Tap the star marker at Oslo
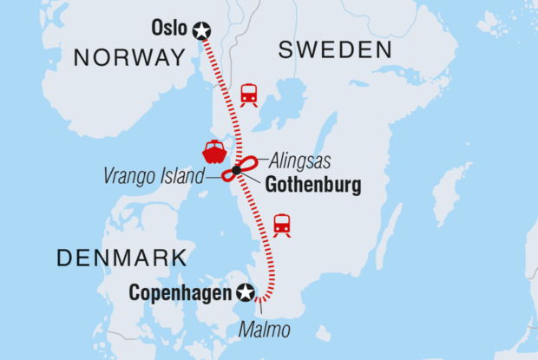[202, 30]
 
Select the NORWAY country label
[130, 58]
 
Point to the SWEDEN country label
[335, 51]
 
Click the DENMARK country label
[121, 257]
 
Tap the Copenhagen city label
[180, 292]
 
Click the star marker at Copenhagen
[246, 292]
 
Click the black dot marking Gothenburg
[236, 170]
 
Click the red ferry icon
[213, 150]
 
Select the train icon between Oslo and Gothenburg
[249, 94]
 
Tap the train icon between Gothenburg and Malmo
[282, 224]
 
